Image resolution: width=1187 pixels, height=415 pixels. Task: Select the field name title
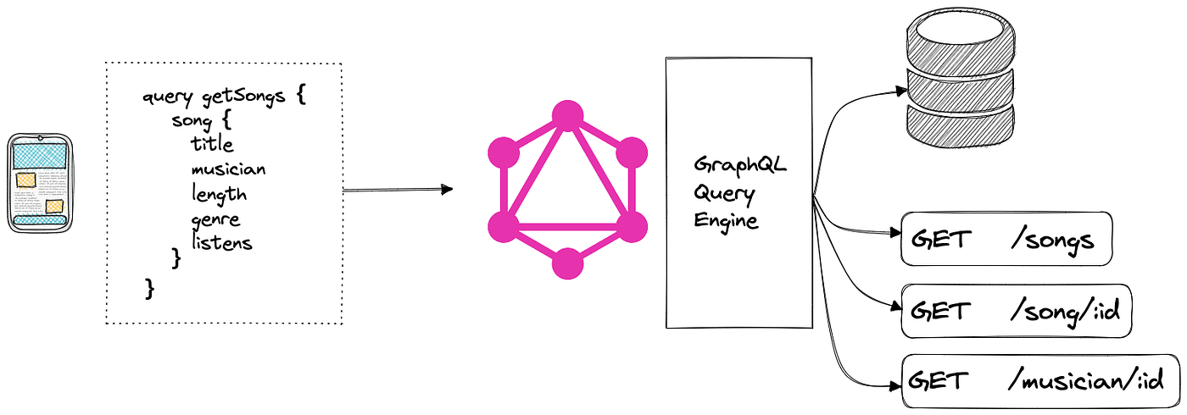click(x=212, y=144)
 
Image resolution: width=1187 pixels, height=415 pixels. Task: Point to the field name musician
click(x=228, y=169)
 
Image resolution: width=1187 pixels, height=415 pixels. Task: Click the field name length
click(x=219, y=194)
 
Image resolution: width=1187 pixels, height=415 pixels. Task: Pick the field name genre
click(x=215, y=219)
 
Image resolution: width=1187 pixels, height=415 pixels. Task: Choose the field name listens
click(x=221, y=243)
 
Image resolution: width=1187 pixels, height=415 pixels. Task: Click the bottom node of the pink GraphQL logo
click(x=568, y=264)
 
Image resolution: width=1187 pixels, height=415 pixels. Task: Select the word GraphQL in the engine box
click(x=740, y=164)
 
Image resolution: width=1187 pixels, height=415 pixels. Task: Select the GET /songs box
click(x=1005, y=240)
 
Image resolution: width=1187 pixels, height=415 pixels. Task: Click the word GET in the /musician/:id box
click(x=936, y=381)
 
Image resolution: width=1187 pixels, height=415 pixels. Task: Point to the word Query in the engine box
click(x=723, y=192)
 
